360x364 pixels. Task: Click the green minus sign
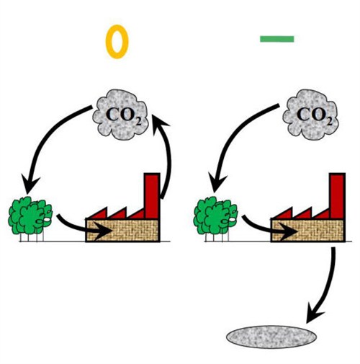(x=277, y=39)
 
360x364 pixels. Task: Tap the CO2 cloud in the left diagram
(x=120, y=115)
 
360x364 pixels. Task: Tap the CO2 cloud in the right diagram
(x=310, y=115)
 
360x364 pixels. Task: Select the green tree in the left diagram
(x=30, y=216)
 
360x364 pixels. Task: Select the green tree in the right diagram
(x=215, y=216)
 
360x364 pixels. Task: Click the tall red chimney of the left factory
(x=152, y=195)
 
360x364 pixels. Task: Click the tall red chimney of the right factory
(x=338, y=195)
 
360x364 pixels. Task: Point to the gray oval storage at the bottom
(x=271, y=337)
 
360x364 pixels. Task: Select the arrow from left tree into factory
(x=79, y=229)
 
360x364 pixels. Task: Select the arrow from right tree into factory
(x=265, y=229)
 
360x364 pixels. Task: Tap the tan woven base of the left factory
(x=123, y=230)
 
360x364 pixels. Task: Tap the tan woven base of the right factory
(x=308, y=230)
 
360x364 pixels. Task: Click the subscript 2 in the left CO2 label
(x=138, y=122)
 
